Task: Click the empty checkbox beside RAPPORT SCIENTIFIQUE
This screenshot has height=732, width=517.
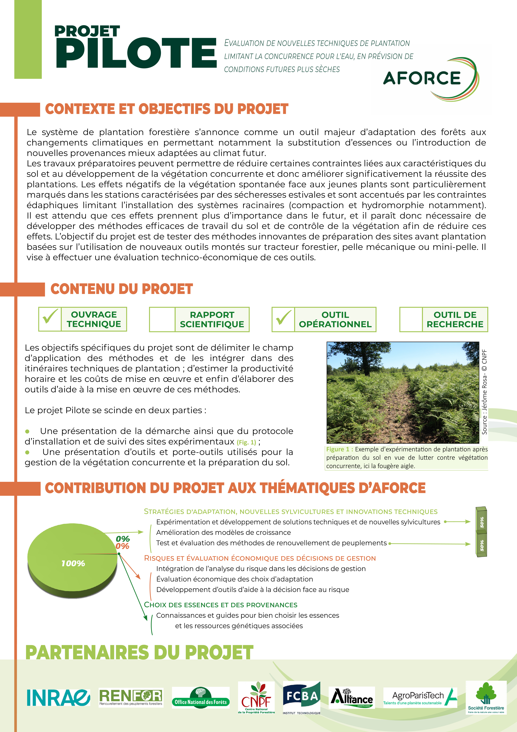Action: (x=162, y=319)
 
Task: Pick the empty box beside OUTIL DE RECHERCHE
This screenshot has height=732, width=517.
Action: (x=411, y=319)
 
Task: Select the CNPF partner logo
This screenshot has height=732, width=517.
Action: (x=256, y=698)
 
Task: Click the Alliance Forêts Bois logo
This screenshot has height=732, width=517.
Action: (x=352, y=698)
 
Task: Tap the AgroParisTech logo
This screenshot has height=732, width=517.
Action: (x=420, y=698)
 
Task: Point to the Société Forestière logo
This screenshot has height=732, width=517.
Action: (x=486, y=698)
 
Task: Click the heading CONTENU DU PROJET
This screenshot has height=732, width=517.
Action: (x=122, y=289)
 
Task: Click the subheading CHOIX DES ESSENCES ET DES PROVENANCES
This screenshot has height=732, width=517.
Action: (x=220, y=605)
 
